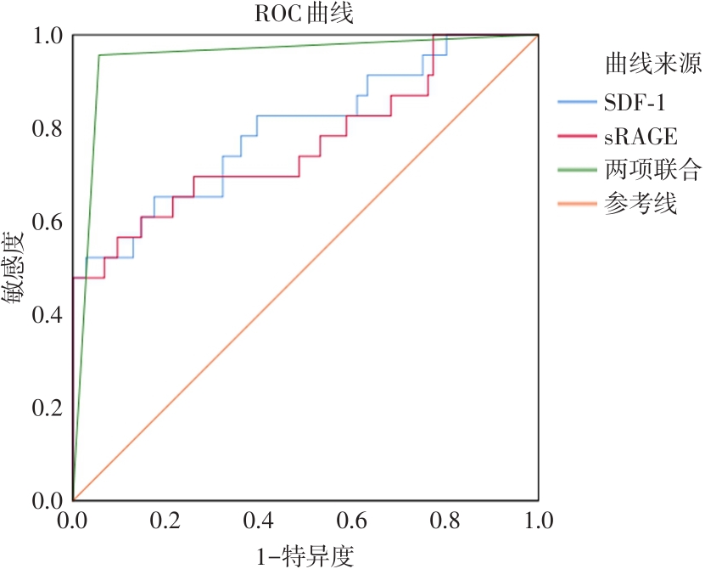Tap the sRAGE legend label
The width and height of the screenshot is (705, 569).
pos(641,137)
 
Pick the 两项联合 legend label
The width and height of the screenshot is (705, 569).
pos(652,171)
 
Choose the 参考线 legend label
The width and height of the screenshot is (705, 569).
pos(641,205)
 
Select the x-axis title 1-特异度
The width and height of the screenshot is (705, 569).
pos(305,555)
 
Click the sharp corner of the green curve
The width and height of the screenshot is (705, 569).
pos(99,55)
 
